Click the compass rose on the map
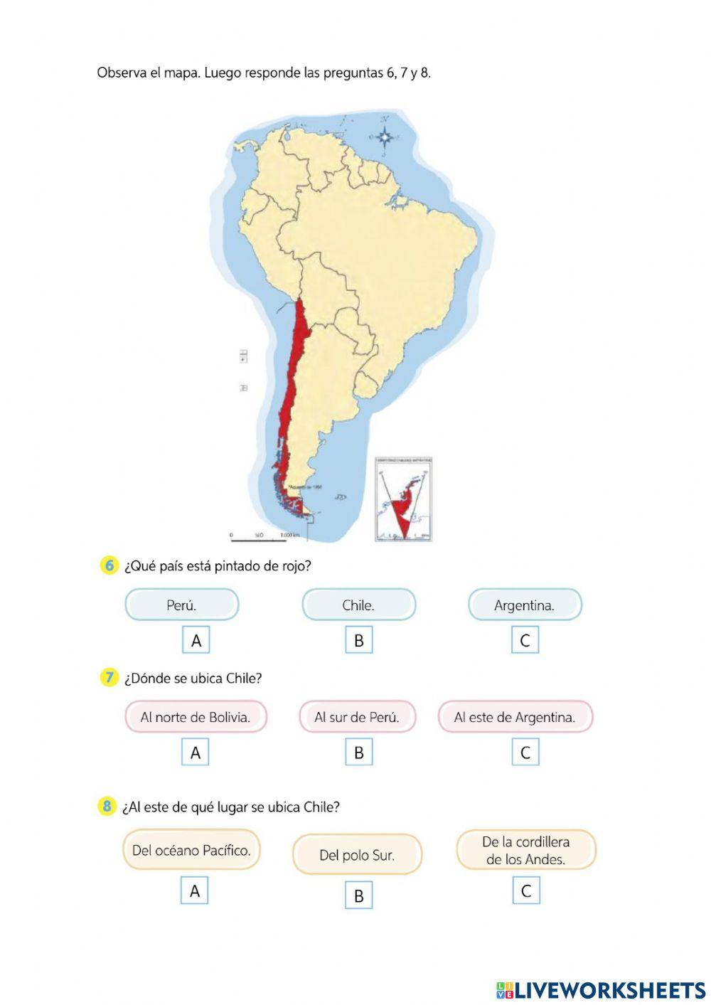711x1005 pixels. tap(385, 137)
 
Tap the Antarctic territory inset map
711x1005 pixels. tap(405, 499)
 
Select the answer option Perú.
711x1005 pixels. tap(181, 605)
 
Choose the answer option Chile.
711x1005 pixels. tap(358, 605)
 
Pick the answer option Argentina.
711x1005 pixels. tap(525, 605)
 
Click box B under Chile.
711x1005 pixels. tap(358, 640)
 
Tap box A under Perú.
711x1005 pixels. tap(196, 640)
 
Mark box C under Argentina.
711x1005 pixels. tap(525, 640)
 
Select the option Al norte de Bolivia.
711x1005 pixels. tap(196, 717)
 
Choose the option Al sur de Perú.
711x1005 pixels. tap(357, 717)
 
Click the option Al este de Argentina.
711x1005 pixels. tap(515, 717)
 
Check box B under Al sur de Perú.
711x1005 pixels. tap(358, 753)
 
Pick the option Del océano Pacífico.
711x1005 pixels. tap(191, 850)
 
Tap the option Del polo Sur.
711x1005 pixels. tap(357, 855)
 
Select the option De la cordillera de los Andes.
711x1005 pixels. tap(525, 850)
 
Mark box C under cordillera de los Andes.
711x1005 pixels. tap(525, 890)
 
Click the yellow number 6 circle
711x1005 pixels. tap(109, 565)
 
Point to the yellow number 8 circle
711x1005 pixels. tap(107, 807)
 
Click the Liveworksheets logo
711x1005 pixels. tap(600, 989)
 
